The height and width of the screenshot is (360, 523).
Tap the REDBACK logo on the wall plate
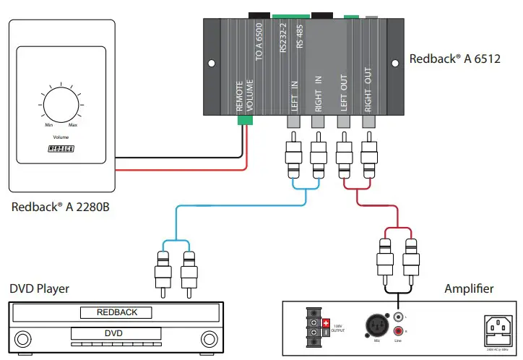[61, 149]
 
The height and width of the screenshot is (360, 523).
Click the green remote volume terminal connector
[246, 121]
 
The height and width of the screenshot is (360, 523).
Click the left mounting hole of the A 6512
[212, 64]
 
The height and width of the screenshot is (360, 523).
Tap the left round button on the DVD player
[23, 338]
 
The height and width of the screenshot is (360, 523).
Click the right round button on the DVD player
[209, 338]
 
